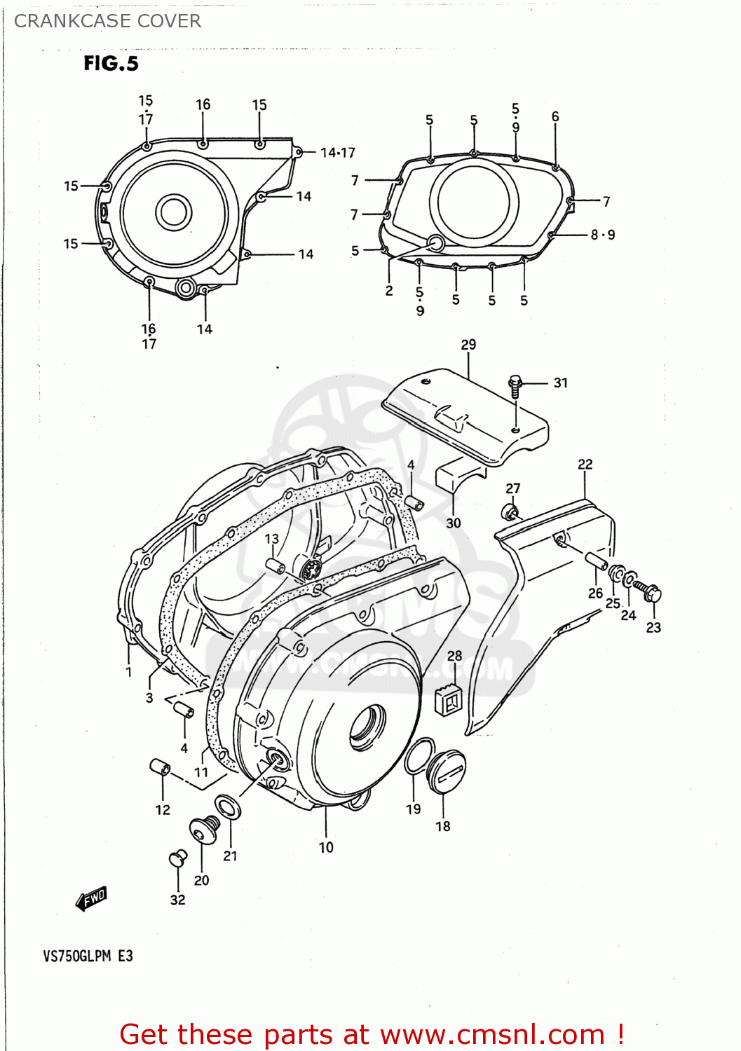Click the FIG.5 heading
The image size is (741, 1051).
point(111,64)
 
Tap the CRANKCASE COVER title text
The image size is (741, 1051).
point(107,21)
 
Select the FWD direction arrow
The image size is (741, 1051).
point(91,899)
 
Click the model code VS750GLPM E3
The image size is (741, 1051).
point(88,956)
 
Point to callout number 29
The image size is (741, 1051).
point(468,345)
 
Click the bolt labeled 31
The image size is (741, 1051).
point(515,384)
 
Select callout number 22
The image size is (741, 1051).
point(585,465)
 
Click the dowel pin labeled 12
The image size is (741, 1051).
point(160,767)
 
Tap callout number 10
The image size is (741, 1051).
point(326,847)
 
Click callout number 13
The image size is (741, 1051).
point(271,539)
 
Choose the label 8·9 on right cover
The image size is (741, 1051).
point(602,235)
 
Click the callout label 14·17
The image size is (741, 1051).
point(337,153)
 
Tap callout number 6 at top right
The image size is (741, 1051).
point(555,116)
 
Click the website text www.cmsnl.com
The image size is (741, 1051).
point(492,1034)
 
